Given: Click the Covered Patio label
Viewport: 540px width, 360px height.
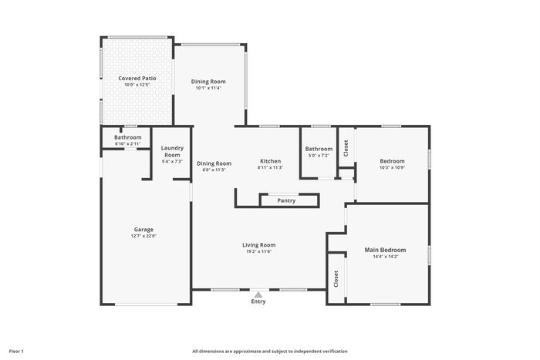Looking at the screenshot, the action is [x=137, y=79].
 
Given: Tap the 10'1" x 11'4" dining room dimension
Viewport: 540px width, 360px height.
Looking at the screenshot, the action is [x=208, y=88].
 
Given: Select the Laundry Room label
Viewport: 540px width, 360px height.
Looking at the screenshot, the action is [x=172, y=151].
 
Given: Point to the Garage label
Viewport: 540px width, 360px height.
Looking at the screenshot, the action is [x=143, y=230].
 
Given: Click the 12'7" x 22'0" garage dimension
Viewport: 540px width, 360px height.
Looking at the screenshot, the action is [x=143, y=236].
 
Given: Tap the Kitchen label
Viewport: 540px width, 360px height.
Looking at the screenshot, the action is [x=270, y=161].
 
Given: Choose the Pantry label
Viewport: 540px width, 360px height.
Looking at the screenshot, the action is [x=286, y=200].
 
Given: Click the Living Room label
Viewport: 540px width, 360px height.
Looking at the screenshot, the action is [x=259, y=245].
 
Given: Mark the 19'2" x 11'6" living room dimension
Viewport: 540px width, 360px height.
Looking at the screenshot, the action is [x=259, y=251].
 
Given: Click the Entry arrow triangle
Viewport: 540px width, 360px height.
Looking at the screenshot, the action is [x=258, y=294].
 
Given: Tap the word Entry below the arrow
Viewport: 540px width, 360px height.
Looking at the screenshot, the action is [x=258, y=301].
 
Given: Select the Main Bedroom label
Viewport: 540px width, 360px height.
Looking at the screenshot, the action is [x=386, y=251].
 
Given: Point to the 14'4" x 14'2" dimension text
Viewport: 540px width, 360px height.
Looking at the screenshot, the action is [x=386, y=257].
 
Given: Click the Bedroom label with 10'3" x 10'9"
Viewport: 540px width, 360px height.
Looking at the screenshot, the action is [x=392, y=161].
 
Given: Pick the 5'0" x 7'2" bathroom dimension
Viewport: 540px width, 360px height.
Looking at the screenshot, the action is [x=319, y=156].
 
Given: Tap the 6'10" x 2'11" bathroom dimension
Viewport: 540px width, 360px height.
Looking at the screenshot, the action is [x=128, y=144].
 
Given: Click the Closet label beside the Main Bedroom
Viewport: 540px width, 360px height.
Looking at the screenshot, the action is [x=336, y=279].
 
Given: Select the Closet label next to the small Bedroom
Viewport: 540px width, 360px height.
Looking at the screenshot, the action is [x=346, y=148].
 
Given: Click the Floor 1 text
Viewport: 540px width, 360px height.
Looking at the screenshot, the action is [x=16, y=352].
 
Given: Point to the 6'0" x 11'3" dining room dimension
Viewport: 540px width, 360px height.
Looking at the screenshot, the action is [x=214, y=170].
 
